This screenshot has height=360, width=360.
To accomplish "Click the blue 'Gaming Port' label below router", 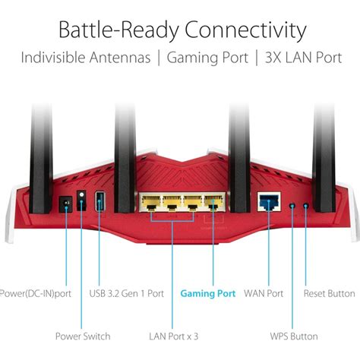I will click(207, 293).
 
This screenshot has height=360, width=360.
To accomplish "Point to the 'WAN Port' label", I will click(264, 293).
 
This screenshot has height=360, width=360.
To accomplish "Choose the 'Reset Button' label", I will click(328, 293).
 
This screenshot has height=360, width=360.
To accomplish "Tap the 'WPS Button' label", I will click(293, 336).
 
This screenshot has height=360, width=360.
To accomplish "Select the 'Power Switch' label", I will click(83, 336).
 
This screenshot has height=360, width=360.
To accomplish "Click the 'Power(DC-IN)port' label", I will click(36, 293).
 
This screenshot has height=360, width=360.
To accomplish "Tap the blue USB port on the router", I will click(99, 203).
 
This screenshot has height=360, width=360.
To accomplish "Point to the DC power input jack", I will click(65, 204).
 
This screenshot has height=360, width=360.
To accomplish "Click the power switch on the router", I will click(82, 200).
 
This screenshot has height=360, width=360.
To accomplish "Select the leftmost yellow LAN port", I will click(150, 202).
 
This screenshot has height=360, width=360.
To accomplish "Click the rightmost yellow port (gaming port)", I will click(213, 202).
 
